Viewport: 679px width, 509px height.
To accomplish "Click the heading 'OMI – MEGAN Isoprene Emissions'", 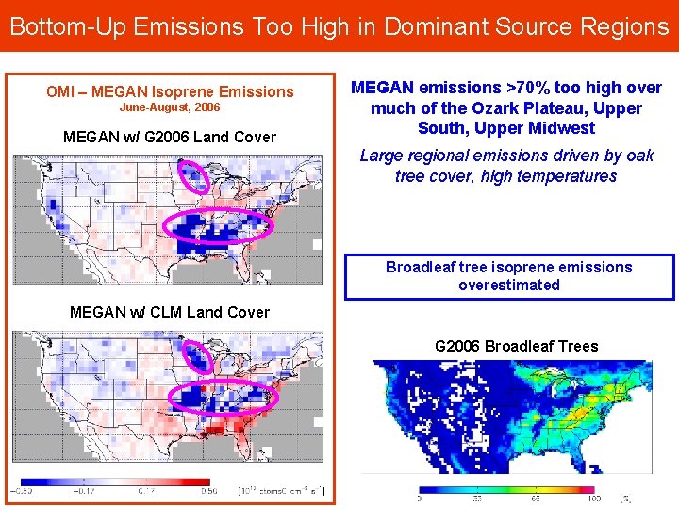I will pyautogui.click(x=170, y=91).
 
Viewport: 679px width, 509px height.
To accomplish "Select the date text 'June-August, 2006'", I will pyautogui.click(x=170, y=108).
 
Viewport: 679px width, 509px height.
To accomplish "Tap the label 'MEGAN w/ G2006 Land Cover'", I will pyautogui.click(x=170, y=138).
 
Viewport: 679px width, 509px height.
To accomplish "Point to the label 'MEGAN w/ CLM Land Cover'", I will pyautogui.click(x=170, y=312).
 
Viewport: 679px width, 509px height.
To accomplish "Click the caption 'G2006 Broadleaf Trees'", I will pyautogui.click(x=516, y=346).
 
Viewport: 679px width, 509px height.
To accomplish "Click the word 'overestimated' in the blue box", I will pyautogui.click(x=509, y=285).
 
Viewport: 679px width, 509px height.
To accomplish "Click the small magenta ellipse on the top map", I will pyautogui.click(x=194, y=176).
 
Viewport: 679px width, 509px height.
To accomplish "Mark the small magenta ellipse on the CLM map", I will pyautogui.click(x=197, y=357).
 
